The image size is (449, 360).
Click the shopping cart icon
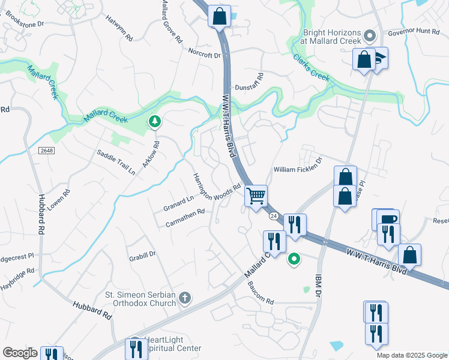click(256, 195)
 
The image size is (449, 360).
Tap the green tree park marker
click(155, 122)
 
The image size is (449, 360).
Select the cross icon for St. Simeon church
click(185, 298)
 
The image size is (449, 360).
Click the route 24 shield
click(273, 215)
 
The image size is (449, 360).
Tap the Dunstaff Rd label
click(249, 83)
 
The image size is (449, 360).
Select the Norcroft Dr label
click(205, 54)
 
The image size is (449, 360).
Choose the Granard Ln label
click(178, 203)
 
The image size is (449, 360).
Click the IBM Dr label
click(319, 289)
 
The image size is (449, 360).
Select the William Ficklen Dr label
click(298, 169)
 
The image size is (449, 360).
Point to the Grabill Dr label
click(142, 257)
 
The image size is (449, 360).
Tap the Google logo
click(20, 352)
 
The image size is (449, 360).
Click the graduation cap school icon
click(380, 58)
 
